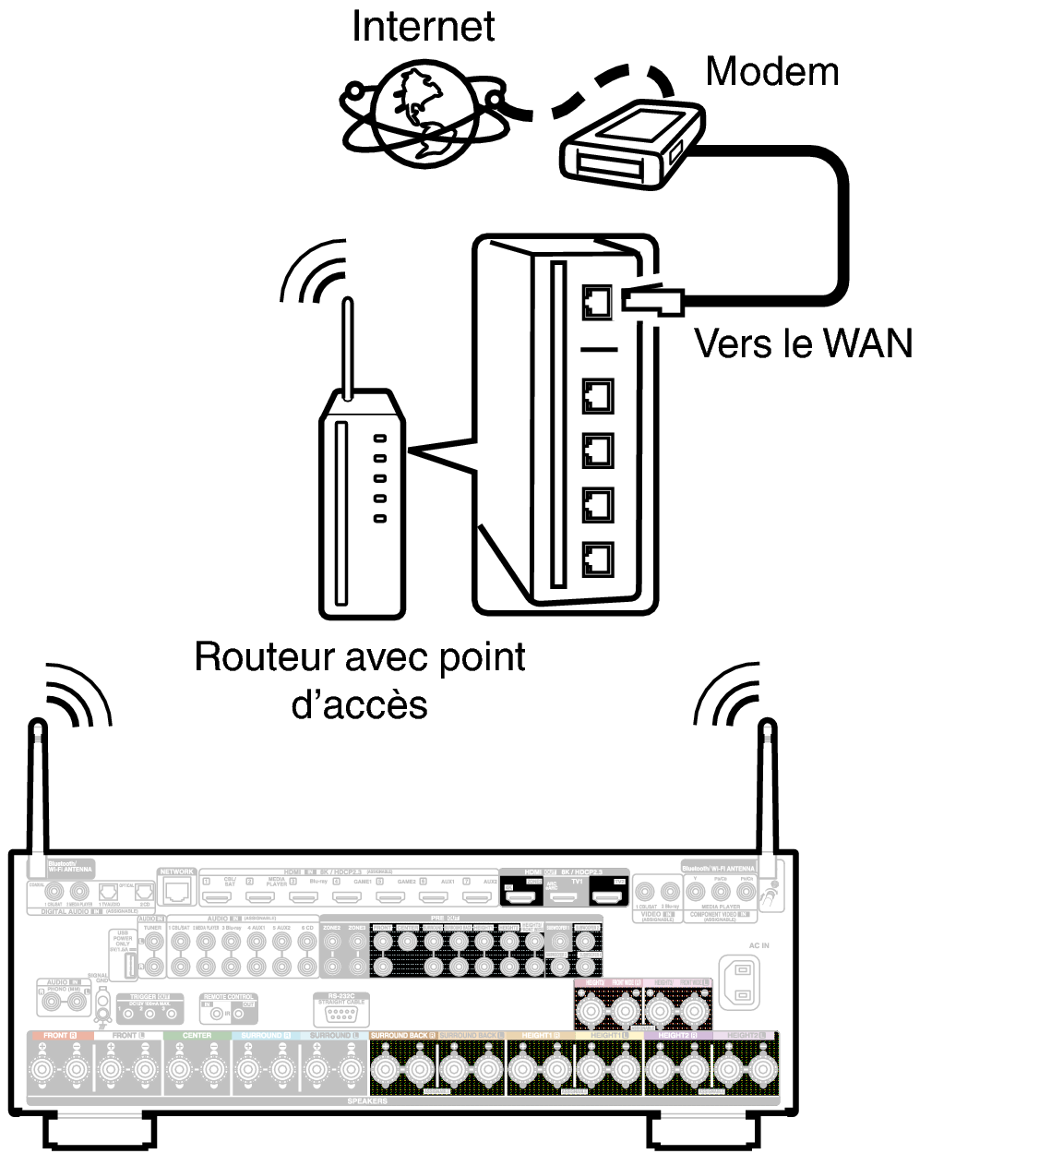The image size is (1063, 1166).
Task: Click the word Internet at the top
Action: [423, 26]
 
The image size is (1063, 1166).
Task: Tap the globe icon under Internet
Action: [423, 113]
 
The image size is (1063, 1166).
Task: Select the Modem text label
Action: [771, 71]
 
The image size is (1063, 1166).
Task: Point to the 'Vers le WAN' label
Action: [803, 343]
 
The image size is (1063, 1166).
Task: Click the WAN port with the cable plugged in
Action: [598, 301]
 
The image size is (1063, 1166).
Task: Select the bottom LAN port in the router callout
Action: [598, 559]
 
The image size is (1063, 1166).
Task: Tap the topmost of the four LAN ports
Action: [598, 396]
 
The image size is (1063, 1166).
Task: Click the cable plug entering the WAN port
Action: [651, 301]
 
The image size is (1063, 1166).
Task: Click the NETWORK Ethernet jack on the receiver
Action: [177, 890]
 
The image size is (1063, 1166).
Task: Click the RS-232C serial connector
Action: [340, 1013]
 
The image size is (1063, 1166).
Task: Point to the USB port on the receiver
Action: [129, 965]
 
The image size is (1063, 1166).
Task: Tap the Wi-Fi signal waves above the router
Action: [314, 272]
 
